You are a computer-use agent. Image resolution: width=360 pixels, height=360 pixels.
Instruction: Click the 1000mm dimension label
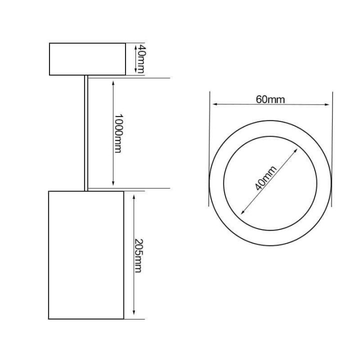pos(118,133)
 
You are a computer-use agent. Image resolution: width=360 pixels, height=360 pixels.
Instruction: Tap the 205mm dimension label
pos(138,255)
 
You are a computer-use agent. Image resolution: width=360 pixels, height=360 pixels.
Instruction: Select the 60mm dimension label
pos(270,99)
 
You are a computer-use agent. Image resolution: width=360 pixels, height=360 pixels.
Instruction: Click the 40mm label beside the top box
pos(141,59)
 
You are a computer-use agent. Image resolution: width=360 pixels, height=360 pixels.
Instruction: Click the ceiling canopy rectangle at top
pos(87,59)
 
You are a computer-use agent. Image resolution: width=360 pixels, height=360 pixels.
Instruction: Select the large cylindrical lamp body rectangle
pos(86,255)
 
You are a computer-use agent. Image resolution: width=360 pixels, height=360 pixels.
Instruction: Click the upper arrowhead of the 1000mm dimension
pos(114,81)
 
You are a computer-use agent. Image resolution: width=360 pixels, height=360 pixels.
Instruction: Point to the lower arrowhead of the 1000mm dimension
pos(114,184)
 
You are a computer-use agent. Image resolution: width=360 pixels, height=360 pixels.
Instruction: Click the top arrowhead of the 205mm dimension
pos(133,196)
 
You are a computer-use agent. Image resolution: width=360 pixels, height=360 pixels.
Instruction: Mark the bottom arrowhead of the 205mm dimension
pos(133,314)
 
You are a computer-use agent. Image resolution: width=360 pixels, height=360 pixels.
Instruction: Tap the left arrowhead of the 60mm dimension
pos(214,104)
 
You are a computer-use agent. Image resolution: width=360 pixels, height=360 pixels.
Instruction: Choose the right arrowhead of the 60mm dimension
pos(328,104)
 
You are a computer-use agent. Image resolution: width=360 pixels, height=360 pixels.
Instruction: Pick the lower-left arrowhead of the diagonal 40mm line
pos(242,211)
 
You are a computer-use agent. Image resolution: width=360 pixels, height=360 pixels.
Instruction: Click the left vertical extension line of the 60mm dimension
pos(209,150)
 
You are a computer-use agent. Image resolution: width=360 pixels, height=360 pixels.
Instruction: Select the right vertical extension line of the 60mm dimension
pos(332,150)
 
